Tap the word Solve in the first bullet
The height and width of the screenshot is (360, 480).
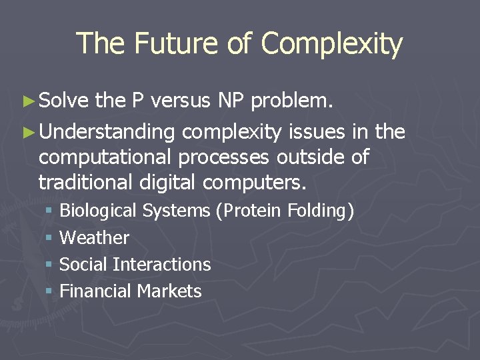click(64, 101)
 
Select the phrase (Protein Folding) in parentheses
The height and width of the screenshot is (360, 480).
click(285, 211)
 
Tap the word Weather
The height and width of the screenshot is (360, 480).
click(94, 238)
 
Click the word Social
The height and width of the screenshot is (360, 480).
click(84, 265)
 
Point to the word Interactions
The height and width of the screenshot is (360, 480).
click(162, 265)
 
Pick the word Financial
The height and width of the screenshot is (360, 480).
click(95, 291)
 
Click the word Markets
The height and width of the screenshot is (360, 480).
click(169, 291)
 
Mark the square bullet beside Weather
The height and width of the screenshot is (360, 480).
click(49, 238)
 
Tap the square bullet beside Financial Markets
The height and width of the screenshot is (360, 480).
click(49, 291)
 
